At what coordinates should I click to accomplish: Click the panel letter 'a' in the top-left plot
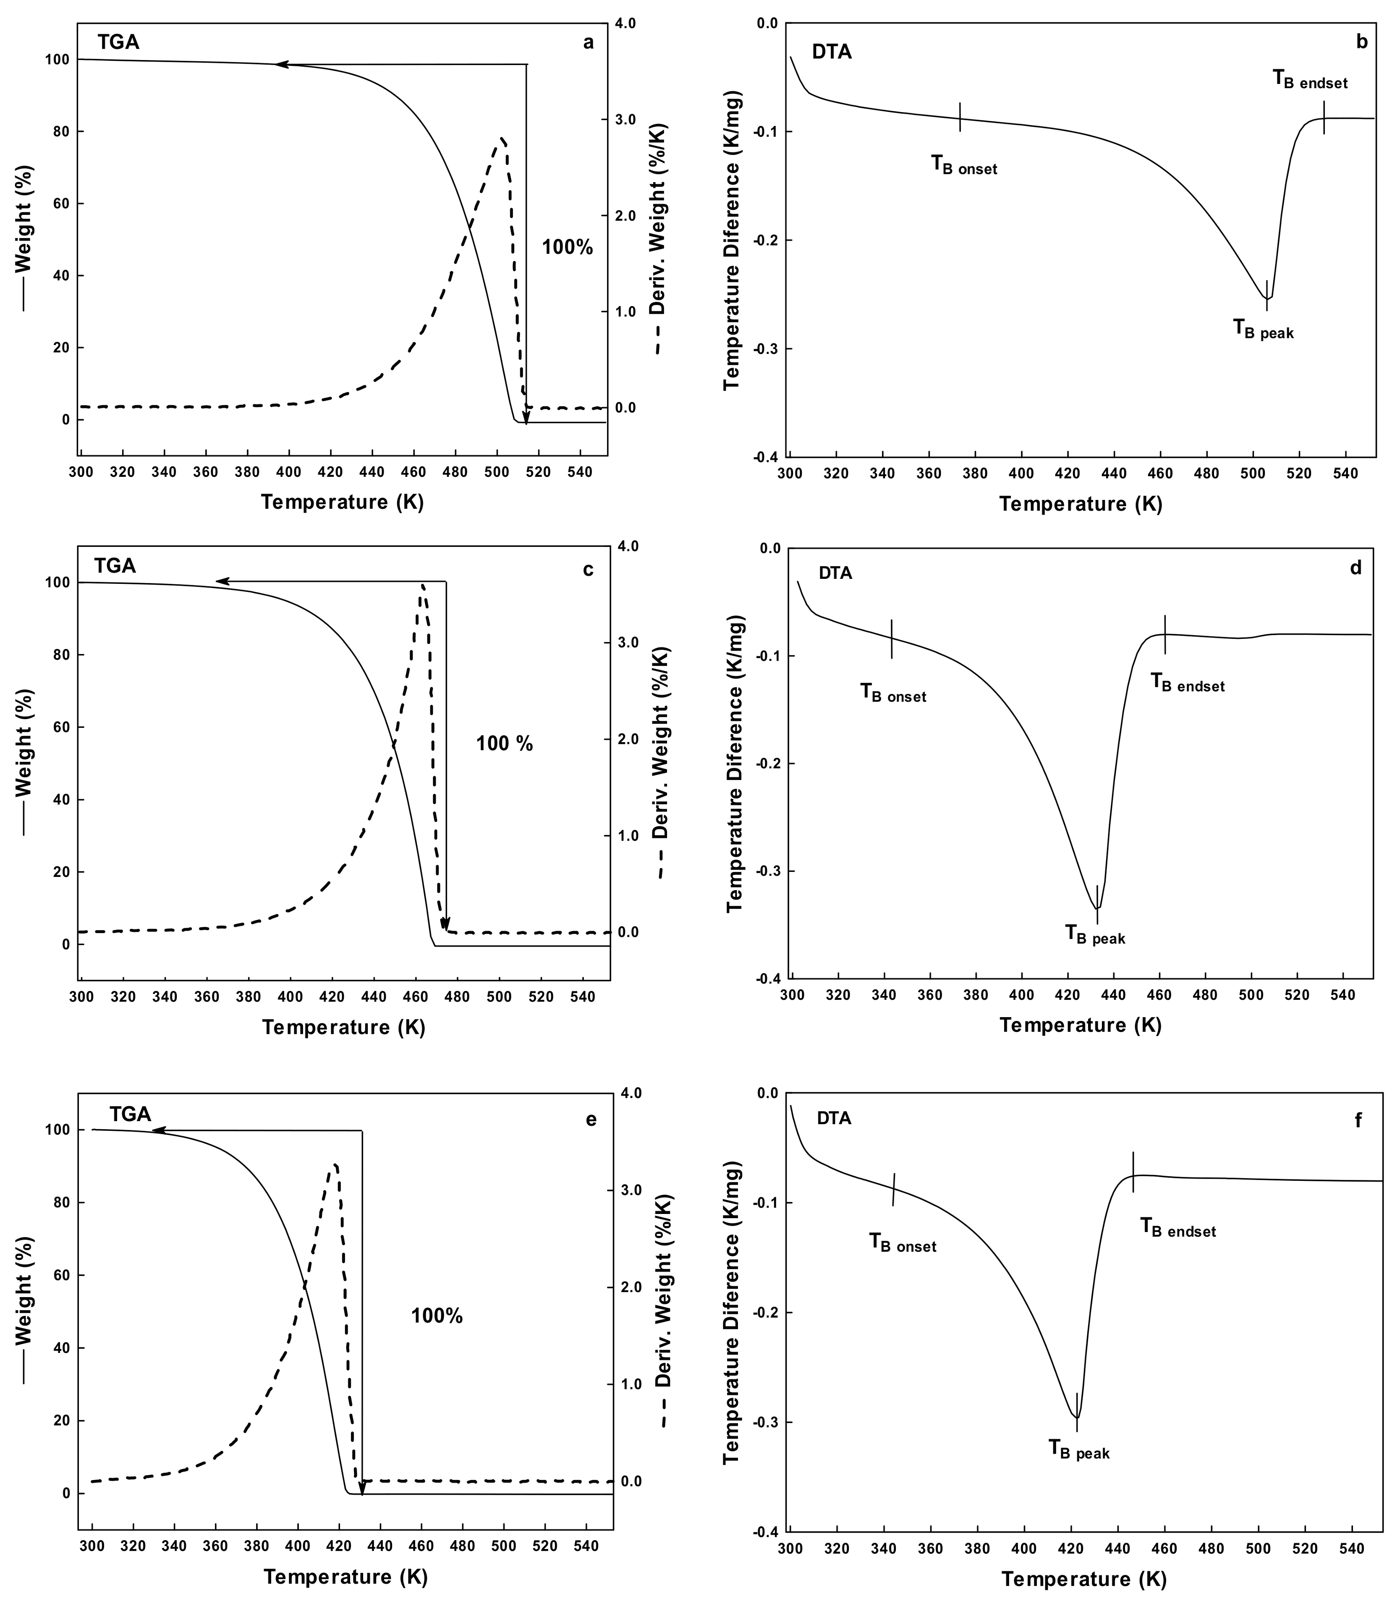(x=588, y=42)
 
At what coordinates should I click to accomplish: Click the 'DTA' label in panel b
(x=832, y=52)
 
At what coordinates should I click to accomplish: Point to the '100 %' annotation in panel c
(x=504, y=743)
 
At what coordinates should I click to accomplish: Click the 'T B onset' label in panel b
(x=963, y=165)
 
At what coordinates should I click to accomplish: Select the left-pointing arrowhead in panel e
(x=156, y=1130)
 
